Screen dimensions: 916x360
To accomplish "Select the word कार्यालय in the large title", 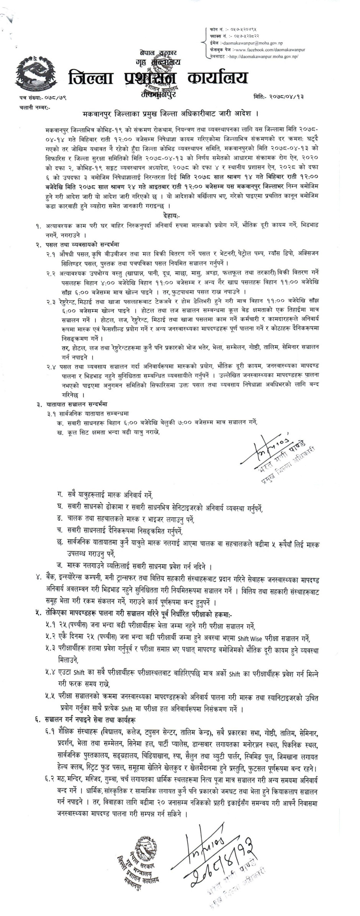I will (217, 79).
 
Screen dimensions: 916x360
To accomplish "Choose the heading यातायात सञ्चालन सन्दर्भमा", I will (77, 404).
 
